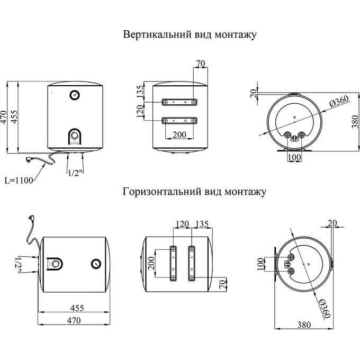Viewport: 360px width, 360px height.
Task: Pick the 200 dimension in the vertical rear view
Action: tap(179, 135)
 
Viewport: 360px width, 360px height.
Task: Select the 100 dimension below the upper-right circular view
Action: tap(294, 157)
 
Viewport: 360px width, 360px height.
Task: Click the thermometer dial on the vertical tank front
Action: tap(74, 95)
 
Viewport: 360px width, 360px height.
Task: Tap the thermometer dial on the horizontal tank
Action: tap(96, 263)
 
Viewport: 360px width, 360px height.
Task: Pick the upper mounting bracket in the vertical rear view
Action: tap(179, 101)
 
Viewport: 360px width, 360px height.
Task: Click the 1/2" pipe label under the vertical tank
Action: tap(75, 172)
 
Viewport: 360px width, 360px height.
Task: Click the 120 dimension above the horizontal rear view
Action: tap(182, 225)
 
